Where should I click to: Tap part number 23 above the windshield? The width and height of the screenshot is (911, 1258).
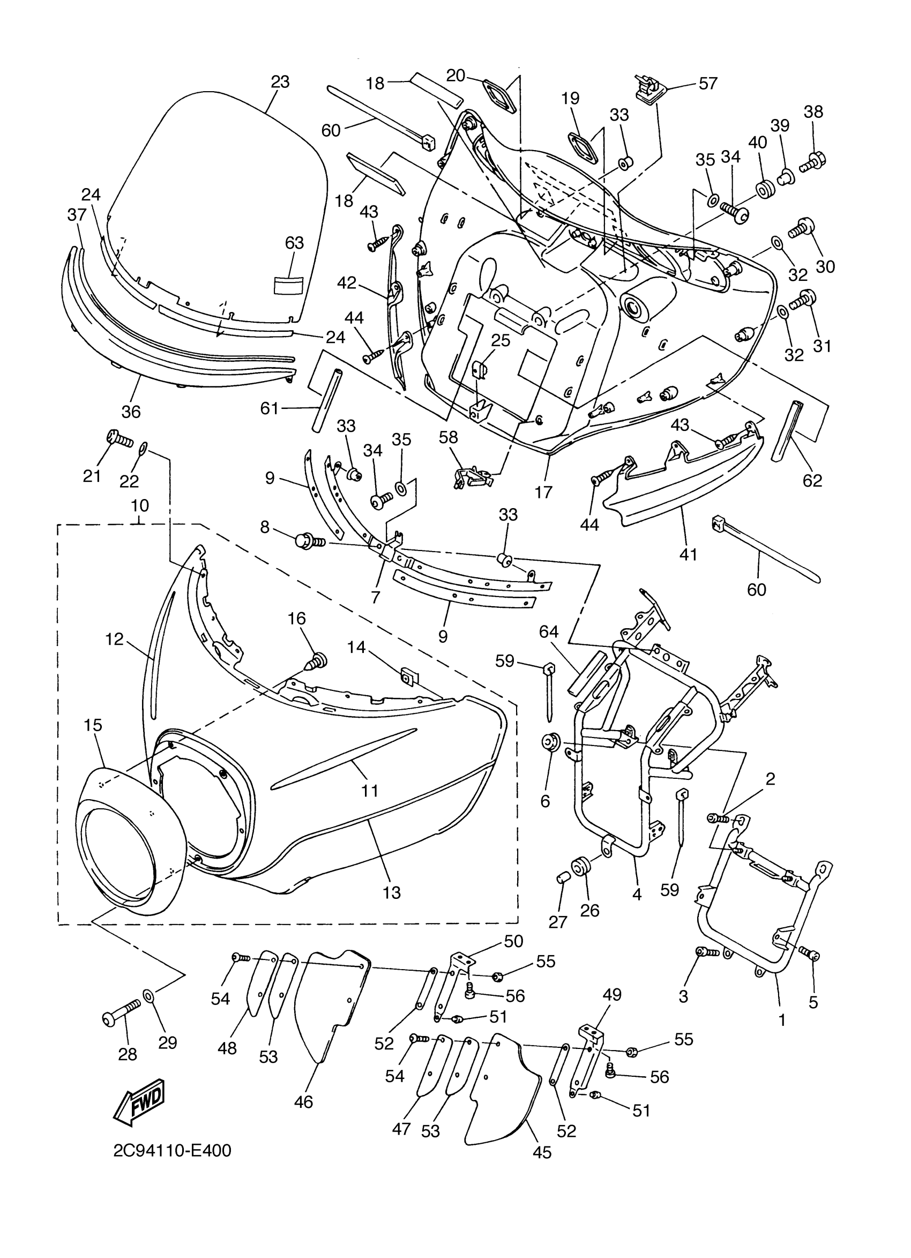pyautogui.click(x=280, y=81)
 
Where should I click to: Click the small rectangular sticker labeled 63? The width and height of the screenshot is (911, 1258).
pyautogui.click(x=289, y=285)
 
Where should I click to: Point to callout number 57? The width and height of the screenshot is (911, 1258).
pyautogui.click(x=708, y=83)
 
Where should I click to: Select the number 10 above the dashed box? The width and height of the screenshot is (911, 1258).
pyautogui.click(x=140, y=505)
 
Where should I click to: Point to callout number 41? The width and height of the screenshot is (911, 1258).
pyautogui.click(x=688, y=554)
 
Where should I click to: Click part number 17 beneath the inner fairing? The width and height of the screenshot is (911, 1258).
pyautogui.click(x=543, y=492)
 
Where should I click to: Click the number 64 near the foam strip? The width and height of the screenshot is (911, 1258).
pyautogui.click(x=548, y=632)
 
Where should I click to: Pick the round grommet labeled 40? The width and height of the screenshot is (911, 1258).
pyautogui.click(x=765, y=190)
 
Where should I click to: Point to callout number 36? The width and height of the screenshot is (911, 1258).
pyautogui.click(x=131, y=412)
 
